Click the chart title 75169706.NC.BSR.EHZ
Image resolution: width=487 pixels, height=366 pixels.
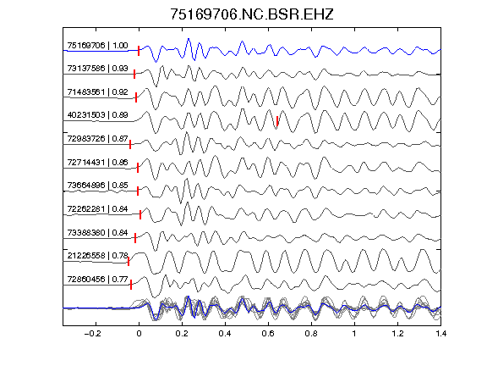[x=252, y=14]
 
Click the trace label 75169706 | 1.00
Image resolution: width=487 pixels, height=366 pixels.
[x=97, y=46]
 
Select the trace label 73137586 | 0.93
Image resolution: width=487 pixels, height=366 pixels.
[x=97, y=68]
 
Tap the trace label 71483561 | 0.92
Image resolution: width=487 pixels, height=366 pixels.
[x=97, y=92]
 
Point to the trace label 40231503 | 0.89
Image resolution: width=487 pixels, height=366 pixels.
[x=97, y=115]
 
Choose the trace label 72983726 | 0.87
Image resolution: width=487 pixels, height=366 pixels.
[x=97, y=138]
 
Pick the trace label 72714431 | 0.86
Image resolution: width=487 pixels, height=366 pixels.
[x=97, y=162]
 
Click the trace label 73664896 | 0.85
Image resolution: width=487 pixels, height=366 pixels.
[x=97, y=186]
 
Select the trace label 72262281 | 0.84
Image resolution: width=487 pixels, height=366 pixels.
[x=97, y=208]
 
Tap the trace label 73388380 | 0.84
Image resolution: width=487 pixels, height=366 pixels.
[x=97, y=232]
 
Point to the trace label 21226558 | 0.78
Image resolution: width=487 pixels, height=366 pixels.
[x=97, y=256]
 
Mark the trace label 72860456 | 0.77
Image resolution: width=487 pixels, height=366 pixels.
[x=97, y=280]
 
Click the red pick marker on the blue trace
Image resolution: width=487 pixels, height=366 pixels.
[x=139, y=51]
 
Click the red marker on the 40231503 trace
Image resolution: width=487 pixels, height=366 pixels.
[x=277, y=121]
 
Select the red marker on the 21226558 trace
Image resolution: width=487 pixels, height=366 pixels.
[x=129, y=261]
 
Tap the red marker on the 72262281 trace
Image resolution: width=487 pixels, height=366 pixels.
[x=140, y=214]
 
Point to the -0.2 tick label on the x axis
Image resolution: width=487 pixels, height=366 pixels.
[x=93, y=334]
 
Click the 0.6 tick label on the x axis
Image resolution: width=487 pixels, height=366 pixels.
[x=268, y=334]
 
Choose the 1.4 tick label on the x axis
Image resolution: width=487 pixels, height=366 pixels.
[x=441, y=334]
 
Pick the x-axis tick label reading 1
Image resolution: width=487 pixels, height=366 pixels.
[x=354, y=334]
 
